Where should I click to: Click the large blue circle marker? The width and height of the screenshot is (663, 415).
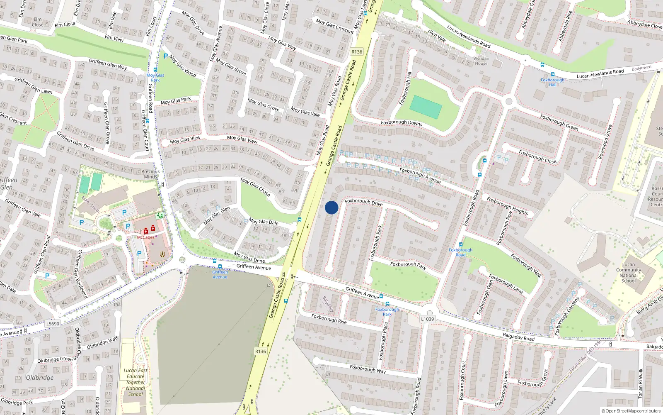[x=331, y=207]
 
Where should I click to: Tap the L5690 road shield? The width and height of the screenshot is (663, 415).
[x=53, y=324]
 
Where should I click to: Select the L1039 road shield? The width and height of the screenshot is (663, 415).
[x=427, y=319]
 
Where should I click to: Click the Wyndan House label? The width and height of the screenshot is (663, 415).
[x=481, y=61]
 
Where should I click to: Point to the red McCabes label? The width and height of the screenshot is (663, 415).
[x=145, y=237]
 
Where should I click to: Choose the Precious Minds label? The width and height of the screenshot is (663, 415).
[x=150, y=174]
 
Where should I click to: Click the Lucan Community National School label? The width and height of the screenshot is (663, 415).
[x=628, y=273]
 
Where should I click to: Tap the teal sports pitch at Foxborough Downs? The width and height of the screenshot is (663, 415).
[x=426, y=107]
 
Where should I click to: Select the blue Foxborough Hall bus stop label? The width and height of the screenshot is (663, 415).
[x=552, y=82]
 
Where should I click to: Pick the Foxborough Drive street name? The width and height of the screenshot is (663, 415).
[x=363, y=203]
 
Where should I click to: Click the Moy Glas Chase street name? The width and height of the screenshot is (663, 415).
[x=255, y=187]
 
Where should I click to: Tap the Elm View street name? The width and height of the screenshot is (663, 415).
[x=114, y=38]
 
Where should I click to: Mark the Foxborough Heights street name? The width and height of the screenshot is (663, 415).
[x=507, y=206]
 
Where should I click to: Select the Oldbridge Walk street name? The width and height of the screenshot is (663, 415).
[x=102, y=343]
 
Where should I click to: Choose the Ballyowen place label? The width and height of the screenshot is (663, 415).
[x=641, y=68]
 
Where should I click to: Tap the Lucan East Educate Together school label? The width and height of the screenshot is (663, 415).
[x=136, y=382]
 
